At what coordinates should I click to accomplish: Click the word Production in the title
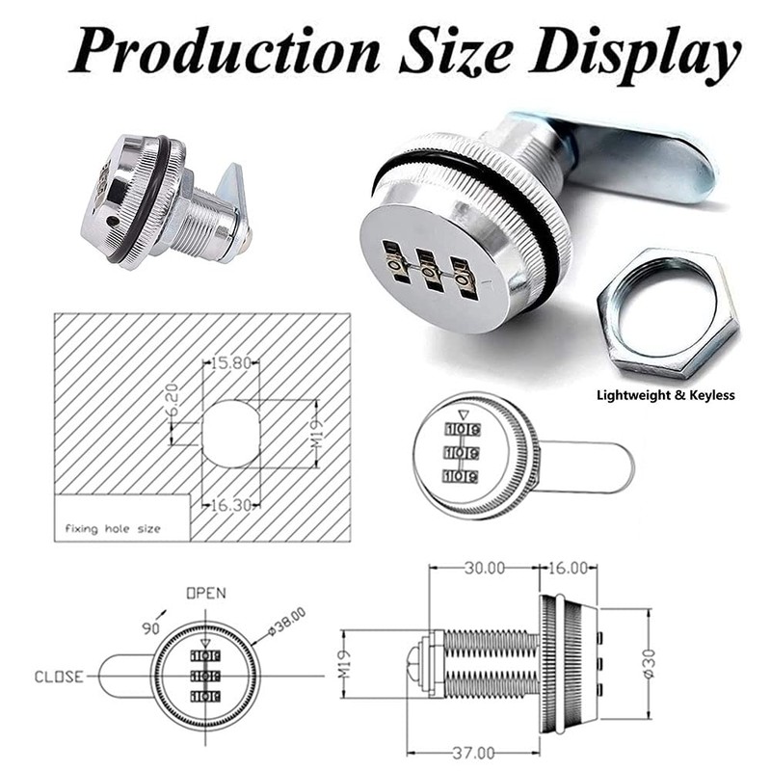(226, 51)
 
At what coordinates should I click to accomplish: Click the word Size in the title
(456, 51)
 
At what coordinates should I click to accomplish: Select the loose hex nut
(668, 313)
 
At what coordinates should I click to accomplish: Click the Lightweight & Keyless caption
(665, 395)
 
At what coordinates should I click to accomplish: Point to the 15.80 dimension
(231, 363)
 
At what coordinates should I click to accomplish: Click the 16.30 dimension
(231, 504)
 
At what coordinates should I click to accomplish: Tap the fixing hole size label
(113, 529)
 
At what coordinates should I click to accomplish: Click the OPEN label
(206, 594)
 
